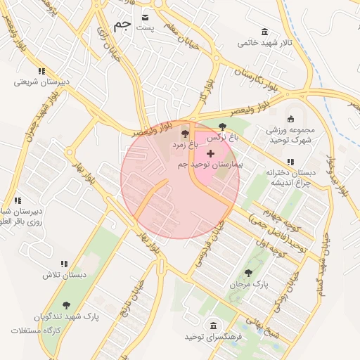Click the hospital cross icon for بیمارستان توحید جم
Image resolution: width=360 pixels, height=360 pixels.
point(210,153)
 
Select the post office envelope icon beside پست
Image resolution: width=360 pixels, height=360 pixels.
point(146,16)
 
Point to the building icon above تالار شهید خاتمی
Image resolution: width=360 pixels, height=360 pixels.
point(264,32)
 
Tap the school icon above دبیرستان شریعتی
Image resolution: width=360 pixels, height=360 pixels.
point(42,71)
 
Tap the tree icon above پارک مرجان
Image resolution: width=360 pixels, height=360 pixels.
point(247,272)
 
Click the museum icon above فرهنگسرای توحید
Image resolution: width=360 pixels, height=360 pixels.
point(212,326)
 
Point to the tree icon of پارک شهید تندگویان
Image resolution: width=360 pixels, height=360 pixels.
point(67,305)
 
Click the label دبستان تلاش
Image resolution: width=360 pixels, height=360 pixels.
point(64,275)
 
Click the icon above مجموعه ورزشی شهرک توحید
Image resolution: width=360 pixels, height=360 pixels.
point(291,118)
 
